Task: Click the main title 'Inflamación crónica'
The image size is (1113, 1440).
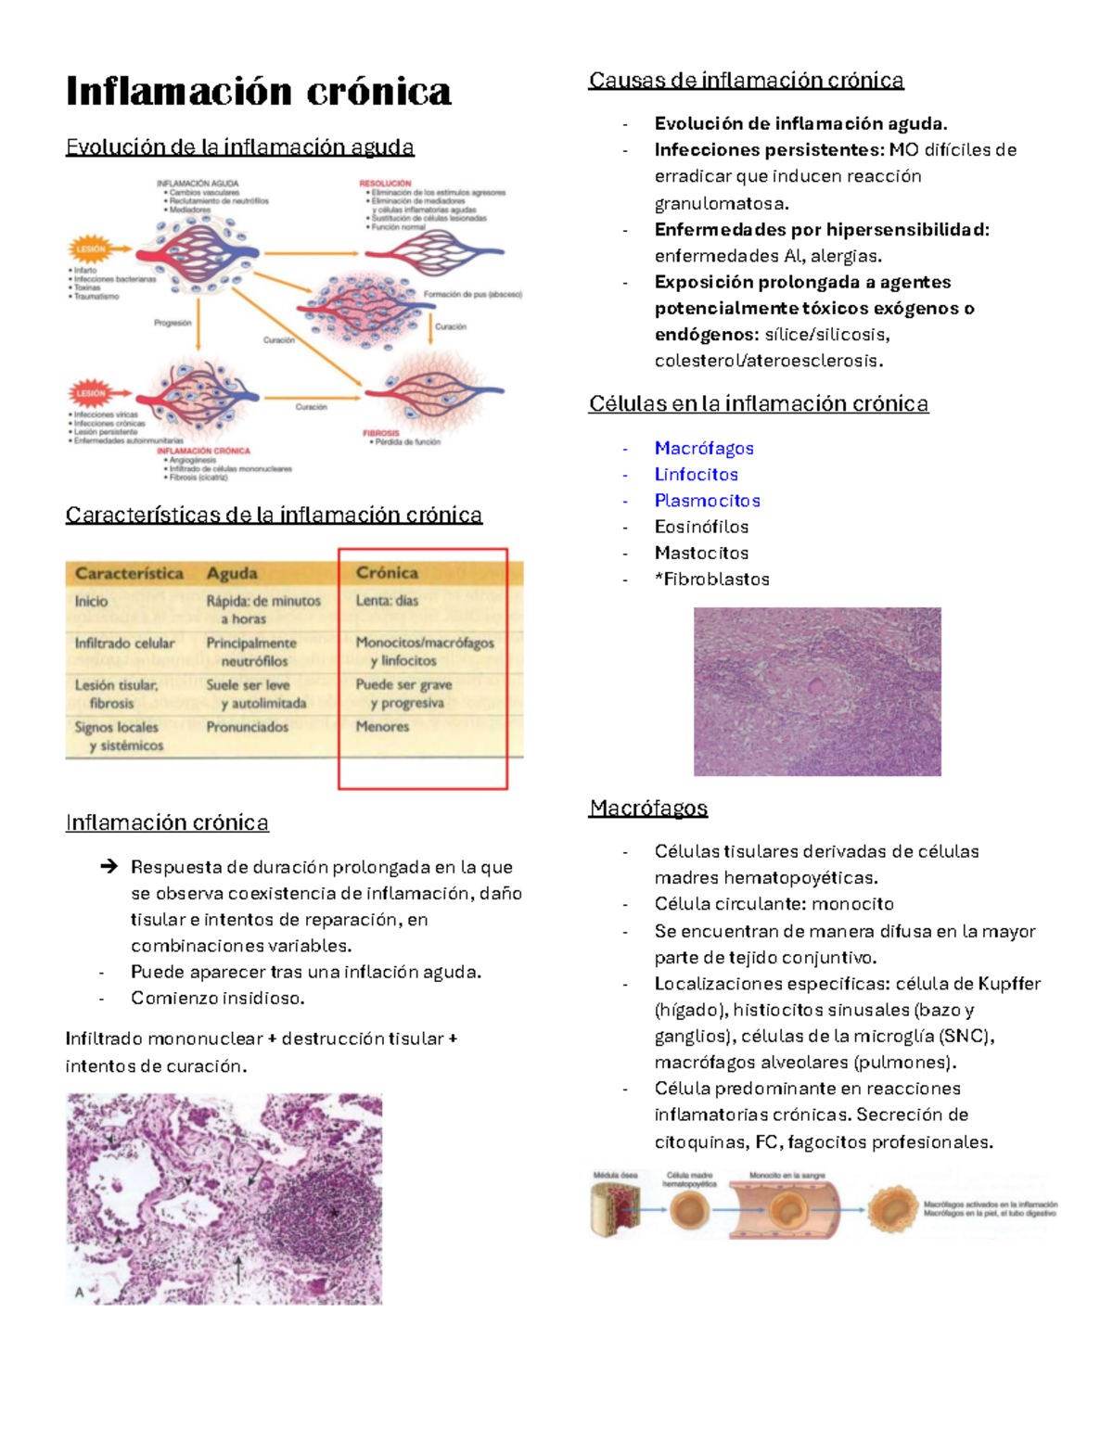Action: [258, 92]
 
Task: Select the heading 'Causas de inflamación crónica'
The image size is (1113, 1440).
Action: [746, 81]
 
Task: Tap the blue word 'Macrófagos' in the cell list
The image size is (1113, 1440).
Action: [704, 449]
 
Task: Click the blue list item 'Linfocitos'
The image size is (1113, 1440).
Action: [696, 475]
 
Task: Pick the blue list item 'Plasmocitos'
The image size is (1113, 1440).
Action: [707, 501]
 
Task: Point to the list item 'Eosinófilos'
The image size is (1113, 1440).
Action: [701, 527]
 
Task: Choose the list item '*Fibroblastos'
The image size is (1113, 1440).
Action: [711, 580]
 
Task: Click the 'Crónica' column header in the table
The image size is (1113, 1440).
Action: [387, 573]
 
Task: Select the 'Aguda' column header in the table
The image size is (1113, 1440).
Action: [232, 574]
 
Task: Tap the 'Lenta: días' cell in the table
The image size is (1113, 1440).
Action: [387, 601]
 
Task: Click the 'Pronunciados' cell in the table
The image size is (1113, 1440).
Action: [247, 727]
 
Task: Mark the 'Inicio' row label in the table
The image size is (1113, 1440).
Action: [91, 602]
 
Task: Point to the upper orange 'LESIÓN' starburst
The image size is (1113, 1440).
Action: [91, 249]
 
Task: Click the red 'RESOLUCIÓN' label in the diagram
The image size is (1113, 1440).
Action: [385, 184]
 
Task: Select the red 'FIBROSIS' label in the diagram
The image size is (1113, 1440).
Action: [380, 433]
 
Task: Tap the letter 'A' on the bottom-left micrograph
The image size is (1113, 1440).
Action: [80, 1292]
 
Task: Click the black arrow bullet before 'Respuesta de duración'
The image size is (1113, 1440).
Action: [109, 867]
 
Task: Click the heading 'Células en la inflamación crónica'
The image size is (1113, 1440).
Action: [758, 404]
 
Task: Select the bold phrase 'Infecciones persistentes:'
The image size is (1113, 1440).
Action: [768, 150]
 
